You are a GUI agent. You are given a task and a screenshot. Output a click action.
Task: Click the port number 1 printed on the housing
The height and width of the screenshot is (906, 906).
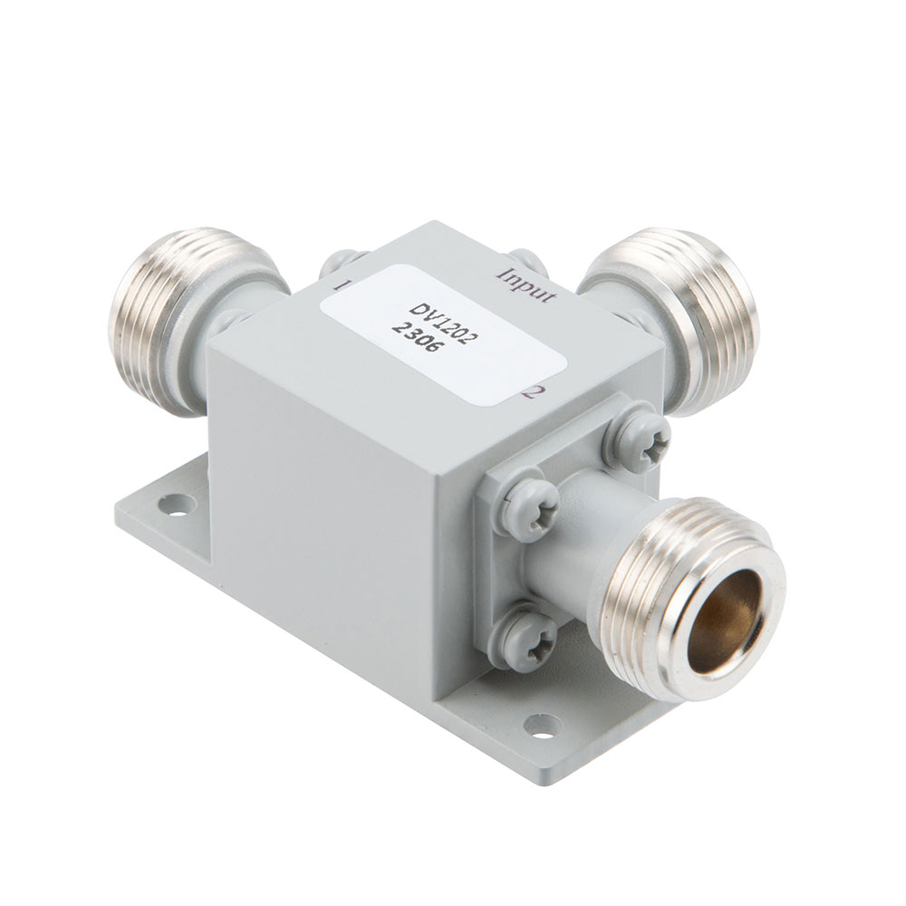345,284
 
